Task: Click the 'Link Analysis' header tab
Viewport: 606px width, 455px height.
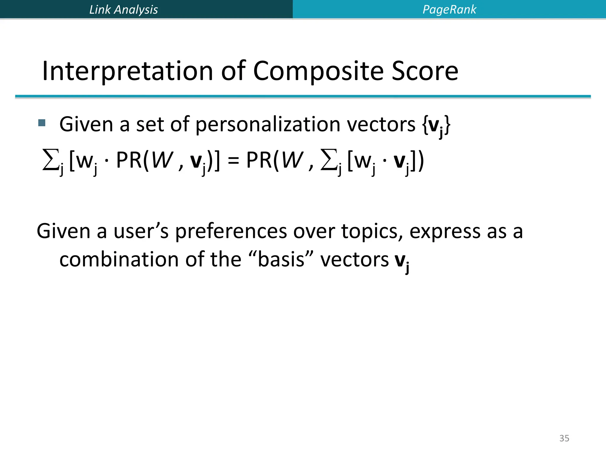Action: pyautogui.click(x=123, y=9)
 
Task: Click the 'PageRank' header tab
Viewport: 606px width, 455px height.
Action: pyautogui.click(x=449, y=9)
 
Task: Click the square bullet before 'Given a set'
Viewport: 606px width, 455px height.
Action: pyautogui.click(x=42, y=123)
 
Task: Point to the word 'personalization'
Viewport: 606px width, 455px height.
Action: pyautogui.click(x=268, y=124)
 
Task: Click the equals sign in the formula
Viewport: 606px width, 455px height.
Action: pyautogui.click(x=233, y=161)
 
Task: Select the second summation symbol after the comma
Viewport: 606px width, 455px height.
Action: pyautogui.click(x=328, y=160)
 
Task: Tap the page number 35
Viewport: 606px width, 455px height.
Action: pyautogui.click(x=564, y=438)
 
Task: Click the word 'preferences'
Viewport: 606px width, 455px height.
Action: pyautogui.click(x=231, y=231)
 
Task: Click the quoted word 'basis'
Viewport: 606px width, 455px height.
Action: pyautogui.click(x=281, y=259)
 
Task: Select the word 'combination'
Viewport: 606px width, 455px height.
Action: pyautogui.click(x=119, y=259)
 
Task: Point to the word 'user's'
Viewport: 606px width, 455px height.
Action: pyautogui.click(x=141, y=231)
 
